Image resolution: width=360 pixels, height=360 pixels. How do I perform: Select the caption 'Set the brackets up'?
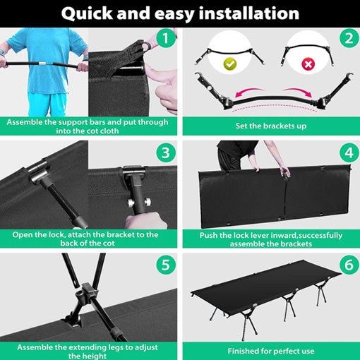pos(271,126)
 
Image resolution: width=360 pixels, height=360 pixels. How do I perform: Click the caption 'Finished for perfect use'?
pos(271,351)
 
